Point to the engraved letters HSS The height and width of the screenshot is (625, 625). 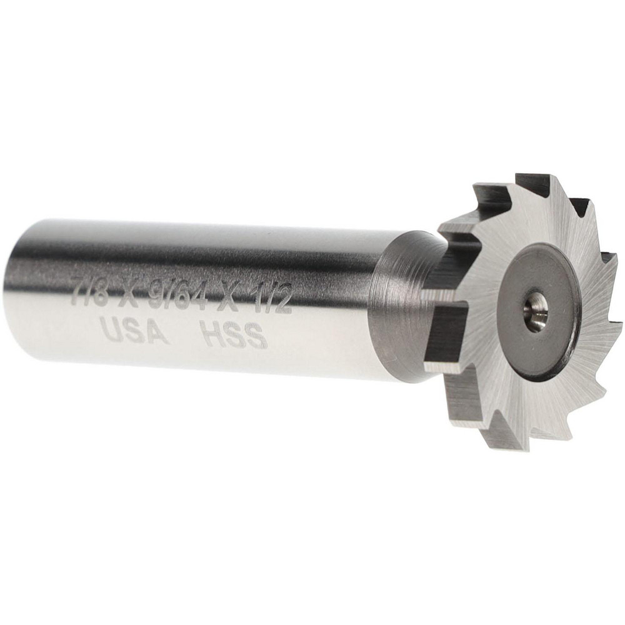coord(232,336)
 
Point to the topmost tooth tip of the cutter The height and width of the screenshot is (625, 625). coord(517,174)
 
